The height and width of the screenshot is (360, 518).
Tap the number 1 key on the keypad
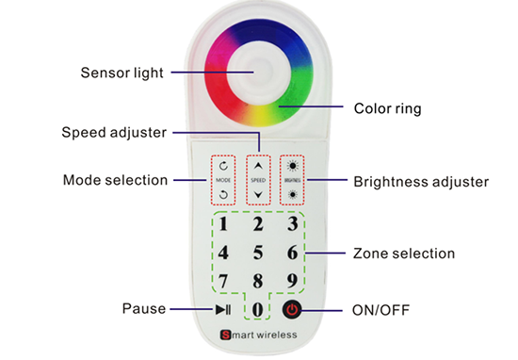tap(223, 224)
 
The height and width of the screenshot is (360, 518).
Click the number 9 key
tap(293, 281)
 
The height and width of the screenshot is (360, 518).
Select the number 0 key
tap(257, 309)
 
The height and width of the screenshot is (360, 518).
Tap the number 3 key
tap(293, 224)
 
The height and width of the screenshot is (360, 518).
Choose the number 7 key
tap(223, 281)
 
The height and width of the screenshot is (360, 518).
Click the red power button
tap(292, 309)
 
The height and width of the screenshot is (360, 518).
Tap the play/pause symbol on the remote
tap(223, 309)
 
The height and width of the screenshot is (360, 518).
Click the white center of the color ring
tap(258, 72)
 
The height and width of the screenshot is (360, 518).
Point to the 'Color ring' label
tap(386, 108)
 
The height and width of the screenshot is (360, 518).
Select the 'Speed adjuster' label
tap(115, 131)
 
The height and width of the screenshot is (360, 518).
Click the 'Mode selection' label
tap(115, 179)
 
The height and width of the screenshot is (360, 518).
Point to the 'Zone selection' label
tap(403, 253)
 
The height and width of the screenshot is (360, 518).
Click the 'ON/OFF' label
tap(381, 309)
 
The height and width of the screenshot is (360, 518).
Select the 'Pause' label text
tap(143, 308)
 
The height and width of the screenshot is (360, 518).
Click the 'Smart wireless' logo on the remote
tap(259, 335)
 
